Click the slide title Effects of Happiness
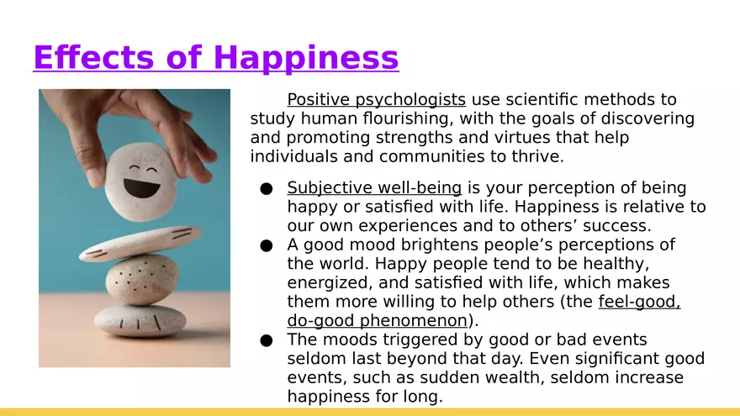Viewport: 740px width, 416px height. (x=215, y=58)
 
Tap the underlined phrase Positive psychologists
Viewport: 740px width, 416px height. (x=376, y=100)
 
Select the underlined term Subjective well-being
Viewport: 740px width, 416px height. (x=374, y=188)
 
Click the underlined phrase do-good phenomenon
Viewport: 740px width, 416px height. (x=377, y=320)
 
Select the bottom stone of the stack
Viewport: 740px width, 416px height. (x=140, y=320)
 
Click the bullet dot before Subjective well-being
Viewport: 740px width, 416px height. (x=267, y=189)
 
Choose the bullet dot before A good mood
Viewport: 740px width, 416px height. (x=267, y=245)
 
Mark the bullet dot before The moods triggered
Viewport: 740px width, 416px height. (x=267, y=340)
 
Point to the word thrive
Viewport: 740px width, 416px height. (x=536, y=157)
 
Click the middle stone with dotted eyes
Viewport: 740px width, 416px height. (x=141, y=279)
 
